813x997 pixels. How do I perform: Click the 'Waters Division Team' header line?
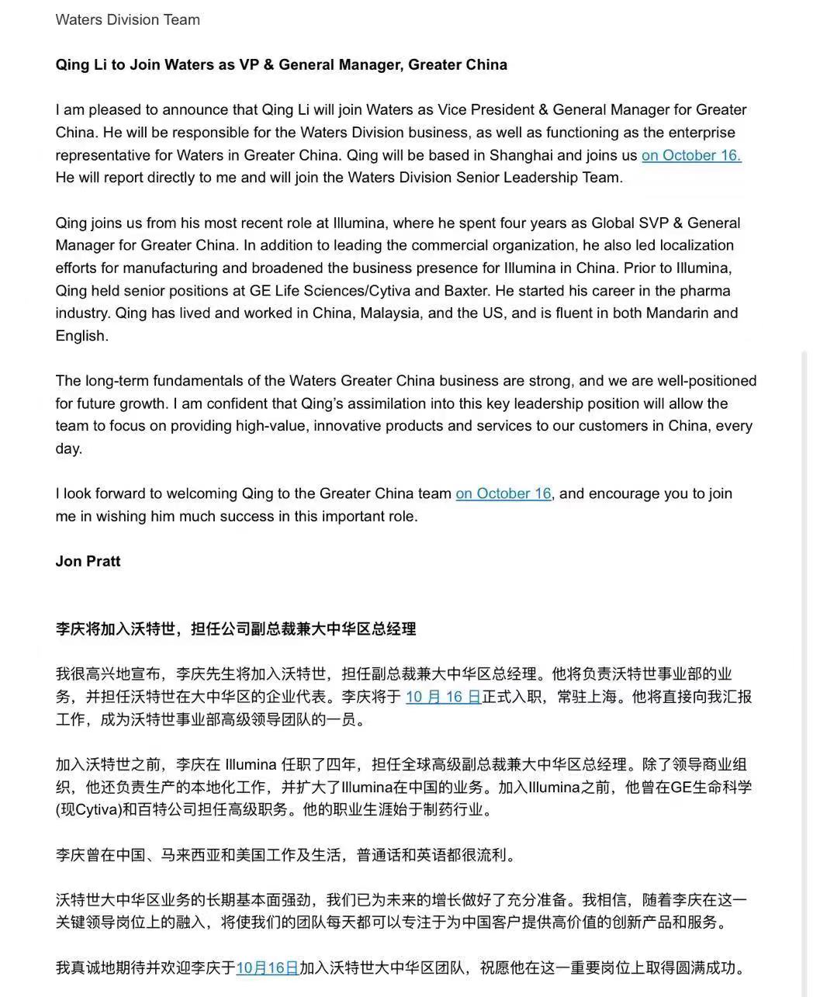pyautogui.click(x=127, y=20)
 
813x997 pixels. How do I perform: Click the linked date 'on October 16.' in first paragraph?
pyautogui.click(x=690, y=155)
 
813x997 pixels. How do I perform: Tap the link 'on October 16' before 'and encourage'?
pyautogui.click(x=503, y=493)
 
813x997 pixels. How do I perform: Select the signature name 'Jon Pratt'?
pyautogui.click(x=88, y=561)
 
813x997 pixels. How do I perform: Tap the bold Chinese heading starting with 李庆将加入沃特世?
pyautogui.click(x=235, y=628)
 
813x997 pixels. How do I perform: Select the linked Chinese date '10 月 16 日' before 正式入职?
pyautogui.click(x=443, y=697)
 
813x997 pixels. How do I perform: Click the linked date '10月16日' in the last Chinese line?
pyautogui.click(x=267, y=968)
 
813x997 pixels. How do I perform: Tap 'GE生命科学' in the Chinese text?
pyautogui.click(x=711, y=788)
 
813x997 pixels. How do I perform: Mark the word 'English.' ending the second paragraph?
pyautogui.click(x=81, y=336)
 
